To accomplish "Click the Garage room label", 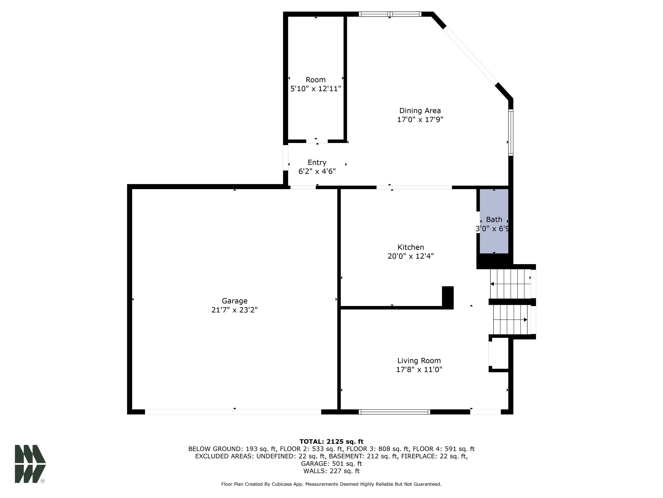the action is [x=234, y=301].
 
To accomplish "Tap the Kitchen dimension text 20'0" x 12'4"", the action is [x=411, y=256].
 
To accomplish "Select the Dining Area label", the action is [x=420, y=111].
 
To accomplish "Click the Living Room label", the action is [x=419, y=361].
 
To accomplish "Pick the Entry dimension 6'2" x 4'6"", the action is [x=317, y=171].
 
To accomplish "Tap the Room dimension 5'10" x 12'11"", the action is [x=316, y=89].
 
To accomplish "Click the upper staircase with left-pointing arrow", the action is [x=510, y=284].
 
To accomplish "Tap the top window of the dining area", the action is [x=390, y=14].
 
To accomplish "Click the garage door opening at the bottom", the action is [x=233, y=412].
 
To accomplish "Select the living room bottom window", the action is [x=395, y=412].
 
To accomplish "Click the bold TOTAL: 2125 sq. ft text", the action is [x=331, y=442].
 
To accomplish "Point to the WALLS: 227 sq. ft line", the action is [x=331, y=471].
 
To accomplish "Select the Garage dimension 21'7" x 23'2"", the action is [x=234, y=310].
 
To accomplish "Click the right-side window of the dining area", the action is [x=511, y=132].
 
